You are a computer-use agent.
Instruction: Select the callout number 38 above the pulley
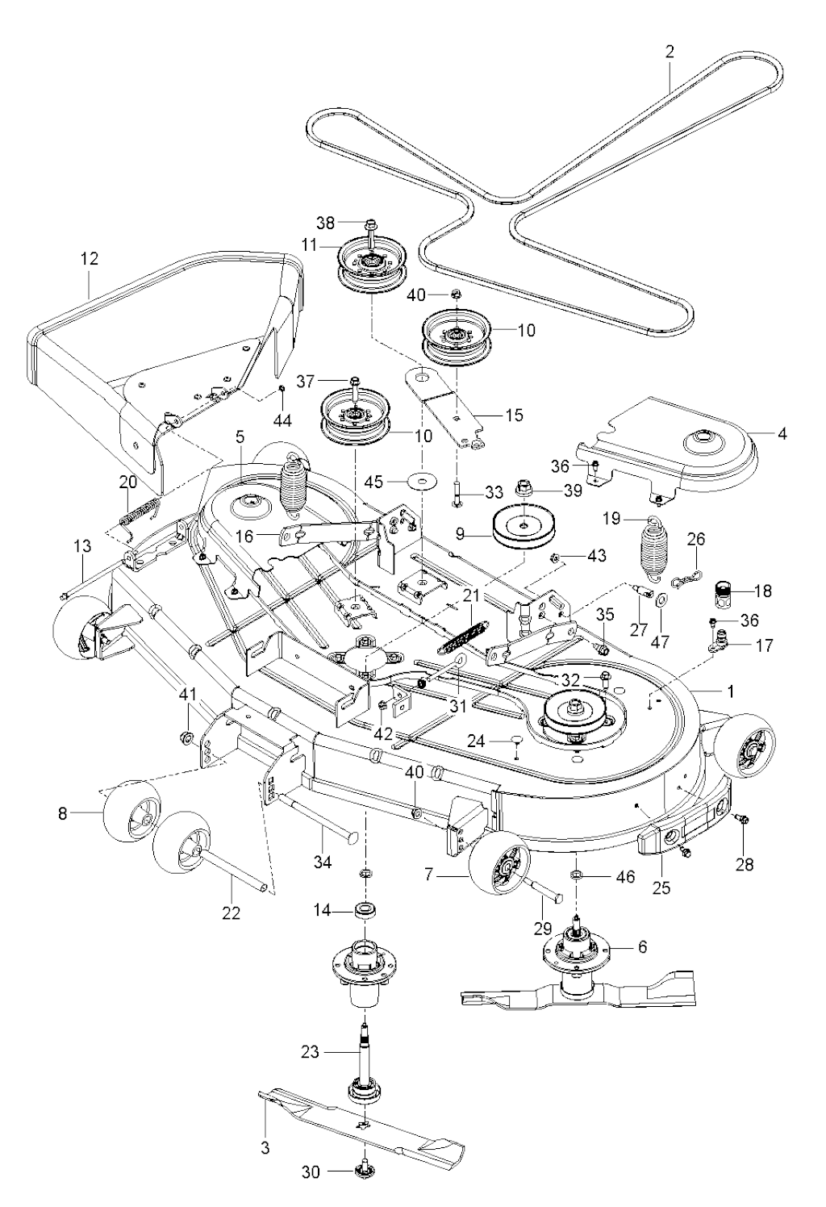tap(325, 222)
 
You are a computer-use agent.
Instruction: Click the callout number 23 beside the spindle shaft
tap(310, 1052)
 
